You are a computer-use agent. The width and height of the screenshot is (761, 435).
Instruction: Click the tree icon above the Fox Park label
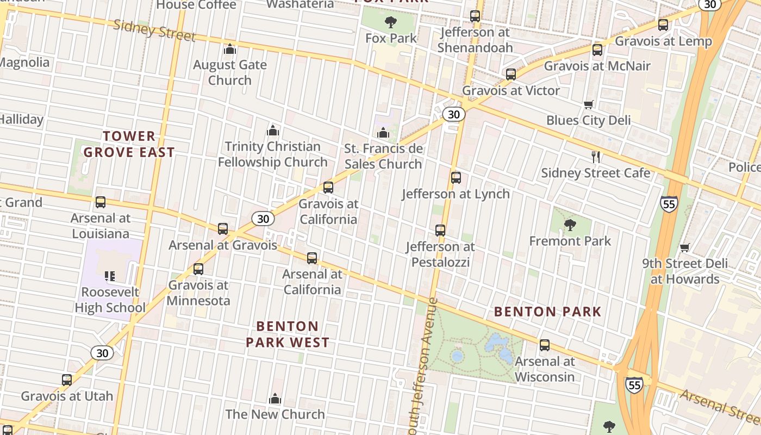(390, 22)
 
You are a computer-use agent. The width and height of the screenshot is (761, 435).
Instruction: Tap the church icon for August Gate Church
(230, 49)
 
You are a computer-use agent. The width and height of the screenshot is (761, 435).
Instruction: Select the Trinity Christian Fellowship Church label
(273, 154)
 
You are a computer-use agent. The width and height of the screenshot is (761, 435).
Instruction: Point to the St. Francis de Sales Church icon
(383, 133)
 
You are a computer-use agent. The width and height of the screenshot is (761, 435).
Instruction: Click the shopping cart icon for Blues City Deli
(588, 104)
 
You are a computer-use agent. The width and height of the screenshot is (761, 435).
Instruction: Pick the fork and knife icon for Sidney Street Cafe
(596, 157)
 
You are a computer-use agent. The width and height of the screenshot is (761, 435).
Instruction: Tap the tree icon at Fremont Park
(570, 225)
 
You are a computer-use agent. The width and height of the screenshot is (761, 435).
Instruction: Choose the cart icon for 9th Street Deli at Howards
(685, 247)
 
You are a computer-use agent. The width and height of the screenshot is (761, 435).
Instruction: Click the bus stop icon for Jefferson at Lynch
(456, 178)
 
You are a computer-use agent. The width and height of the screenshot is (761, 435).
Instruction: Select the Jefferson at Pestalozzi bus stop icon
(440, 231)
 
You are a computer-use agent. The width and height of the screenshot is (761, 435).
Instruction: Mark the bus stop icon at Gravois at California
(328, 188)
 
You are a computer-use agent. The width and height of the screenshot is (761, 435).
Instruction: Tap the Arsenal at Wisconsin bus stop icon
(545, 345)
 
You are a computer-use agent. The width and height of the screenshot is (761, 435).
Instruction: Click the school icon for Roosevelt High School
(110, 276)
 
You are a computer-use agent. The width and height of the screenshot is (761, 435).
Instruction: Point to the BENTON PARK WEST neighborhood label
(288, 334)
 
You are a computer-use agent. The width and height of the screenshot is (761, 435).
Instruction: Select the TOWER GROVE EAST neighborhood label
(129, 144)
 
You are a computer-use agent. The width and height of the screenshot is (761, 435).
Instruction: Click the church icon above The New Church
(275, 399)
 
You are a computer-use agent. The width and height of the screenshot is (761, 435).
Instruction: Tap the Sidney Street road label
(154, 30)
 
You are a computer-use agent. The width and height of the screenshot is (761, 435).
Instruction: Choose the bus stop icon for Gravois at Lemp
(663, 25)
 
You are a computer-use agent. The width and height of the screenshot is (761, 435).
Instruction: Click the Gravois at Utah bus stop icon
(67, 380)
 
